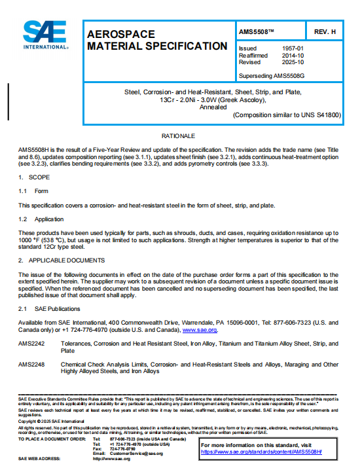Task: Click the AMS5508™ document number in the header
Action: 257,31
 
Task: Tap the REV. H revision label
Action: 325,31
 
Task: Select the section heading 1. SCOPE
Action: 31,178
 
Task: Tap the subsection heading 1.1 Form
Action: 33,191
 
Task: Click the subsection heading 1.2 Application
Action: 41,219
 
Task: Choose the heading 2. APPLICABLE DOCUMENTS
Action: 58,261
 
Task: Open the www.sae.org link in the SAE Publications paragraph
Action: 200,331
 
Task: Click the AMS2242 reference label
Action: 31,344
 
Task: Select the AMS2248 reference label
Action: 31,365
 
